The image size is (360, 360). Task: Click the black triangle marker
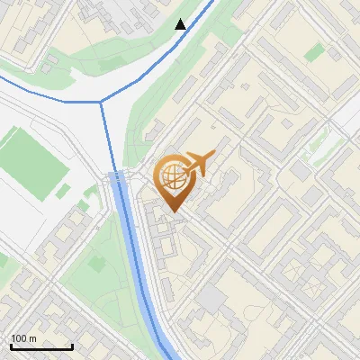click(181, 24)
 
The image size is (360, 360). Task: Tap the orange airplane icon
click(199, 165)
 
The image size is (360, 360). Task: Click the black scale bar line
click(41, 346)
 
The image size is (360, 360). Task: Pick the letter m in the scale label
click(33, 338)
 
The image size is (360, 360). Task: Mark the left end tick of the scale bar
click(11, 346)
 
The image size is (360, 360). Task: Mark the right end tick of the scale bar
click(72, 346)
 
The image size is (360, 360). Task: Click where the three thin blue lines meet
click(101, 102)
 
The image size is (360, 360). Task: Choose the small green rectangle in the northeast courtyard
click(313, 53)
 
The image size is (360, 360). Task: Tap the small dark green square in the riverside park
click(63, 190)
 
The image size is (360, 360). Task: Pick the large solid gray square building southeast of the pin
click(212, 299)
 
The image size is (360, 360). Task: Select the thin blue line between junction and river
click(108, 135)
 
